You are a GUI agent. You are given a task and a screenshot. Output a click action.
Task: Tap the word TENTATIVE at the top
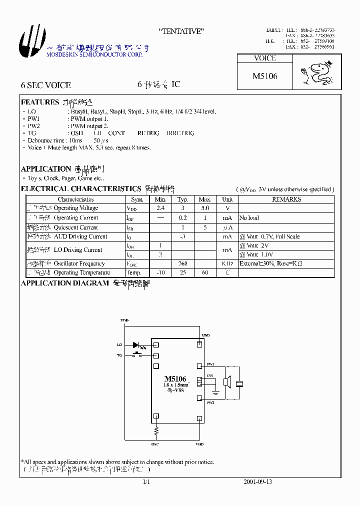181,31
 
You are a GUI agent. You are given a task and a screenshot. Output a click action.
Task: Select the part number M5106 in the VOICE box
264,76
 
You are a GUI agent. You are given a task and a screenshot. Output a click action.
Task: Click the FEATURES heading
40,102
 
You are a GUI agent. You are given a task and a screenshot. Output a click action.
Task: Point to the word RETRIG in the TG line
148,133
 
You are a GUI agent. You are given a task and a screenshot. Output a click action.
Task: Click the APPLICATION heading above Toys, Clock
46,169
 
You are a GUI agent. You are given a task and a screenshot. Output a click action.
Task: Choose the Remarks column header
286,199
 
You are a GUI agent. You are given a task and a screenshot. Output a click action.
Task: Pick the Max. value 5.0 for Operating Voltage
205,208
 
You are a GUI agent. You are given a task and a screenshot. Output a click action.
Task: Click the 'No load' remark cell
249,218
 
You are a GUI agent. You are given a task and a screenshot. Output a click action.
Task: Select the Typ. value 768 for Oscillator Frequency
182,263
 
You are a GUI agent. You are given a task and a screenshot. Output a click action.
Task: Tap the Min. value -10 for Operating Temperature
160,272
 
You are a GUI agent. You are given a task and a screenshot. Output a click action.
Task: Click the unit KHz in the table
227,263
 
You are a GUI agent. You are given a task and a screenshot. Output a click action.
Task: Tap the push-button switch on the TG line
137,355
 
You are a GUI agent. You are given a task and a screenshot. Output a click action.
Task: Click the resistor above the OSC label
156,430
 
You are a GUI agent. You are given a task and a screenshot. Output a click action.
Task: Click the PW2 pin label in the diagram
210,402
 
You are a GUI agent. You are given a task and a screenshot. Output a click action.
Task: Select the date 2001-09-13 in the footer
257,482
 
